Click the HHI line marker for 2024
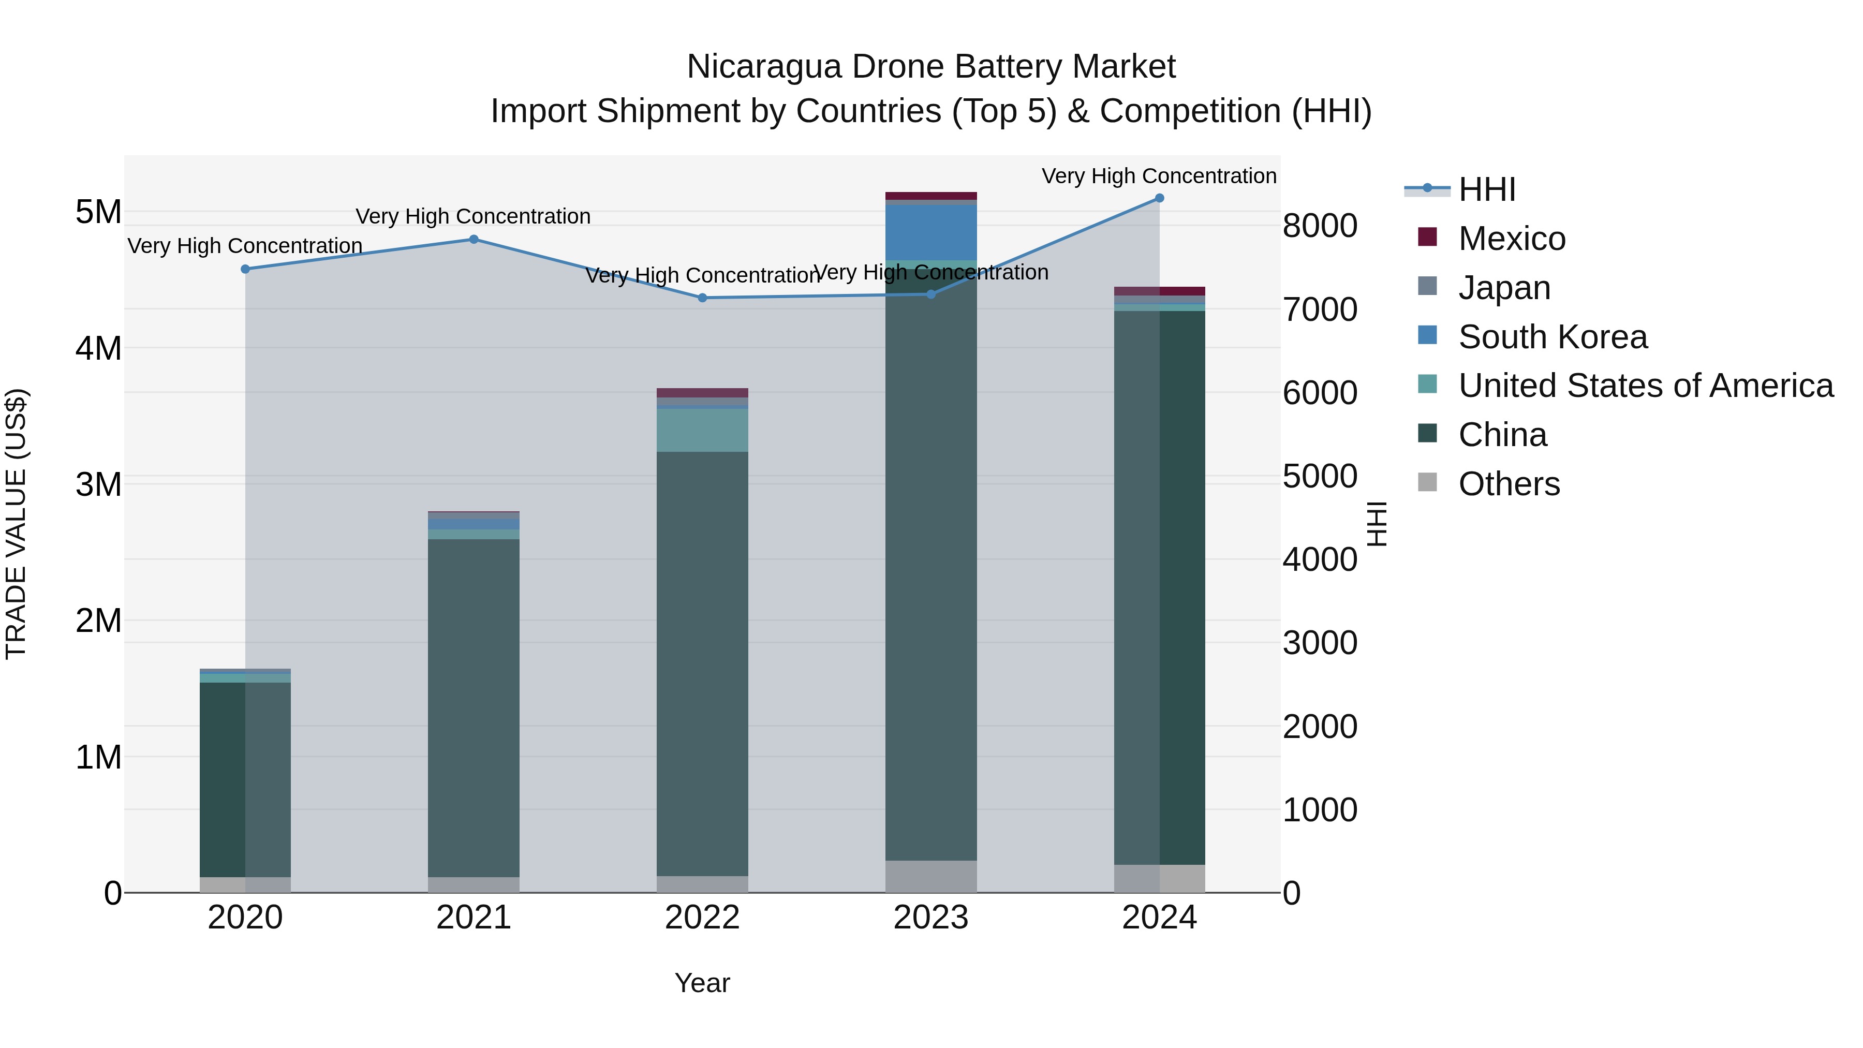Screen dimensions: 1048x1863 1159,198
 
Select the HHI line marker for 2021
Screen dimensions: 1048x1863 474,240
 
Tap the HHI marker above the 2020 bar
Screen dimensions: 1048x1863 245,269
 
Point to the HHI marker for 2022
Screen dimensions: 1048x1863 702,298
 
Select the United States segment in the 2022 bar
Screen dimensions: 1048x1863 702,431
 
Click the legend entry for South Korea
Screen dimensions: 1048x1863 1552,337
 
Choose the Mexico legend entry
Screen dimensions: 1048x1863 1512,239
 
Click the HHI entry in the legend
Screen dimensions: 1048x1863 1486,189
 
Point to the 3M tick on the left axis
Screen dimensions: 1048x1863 98,484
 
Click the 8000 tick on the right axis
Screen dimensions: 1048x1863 1320,226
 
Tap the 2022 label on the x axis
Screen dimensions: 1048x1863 702,918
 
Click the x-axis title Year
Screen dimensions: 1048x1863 702,983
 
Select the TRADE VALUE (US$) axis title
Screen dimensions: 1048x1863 16,524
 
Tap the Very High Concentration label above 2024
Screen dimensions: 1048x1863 1159,176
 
